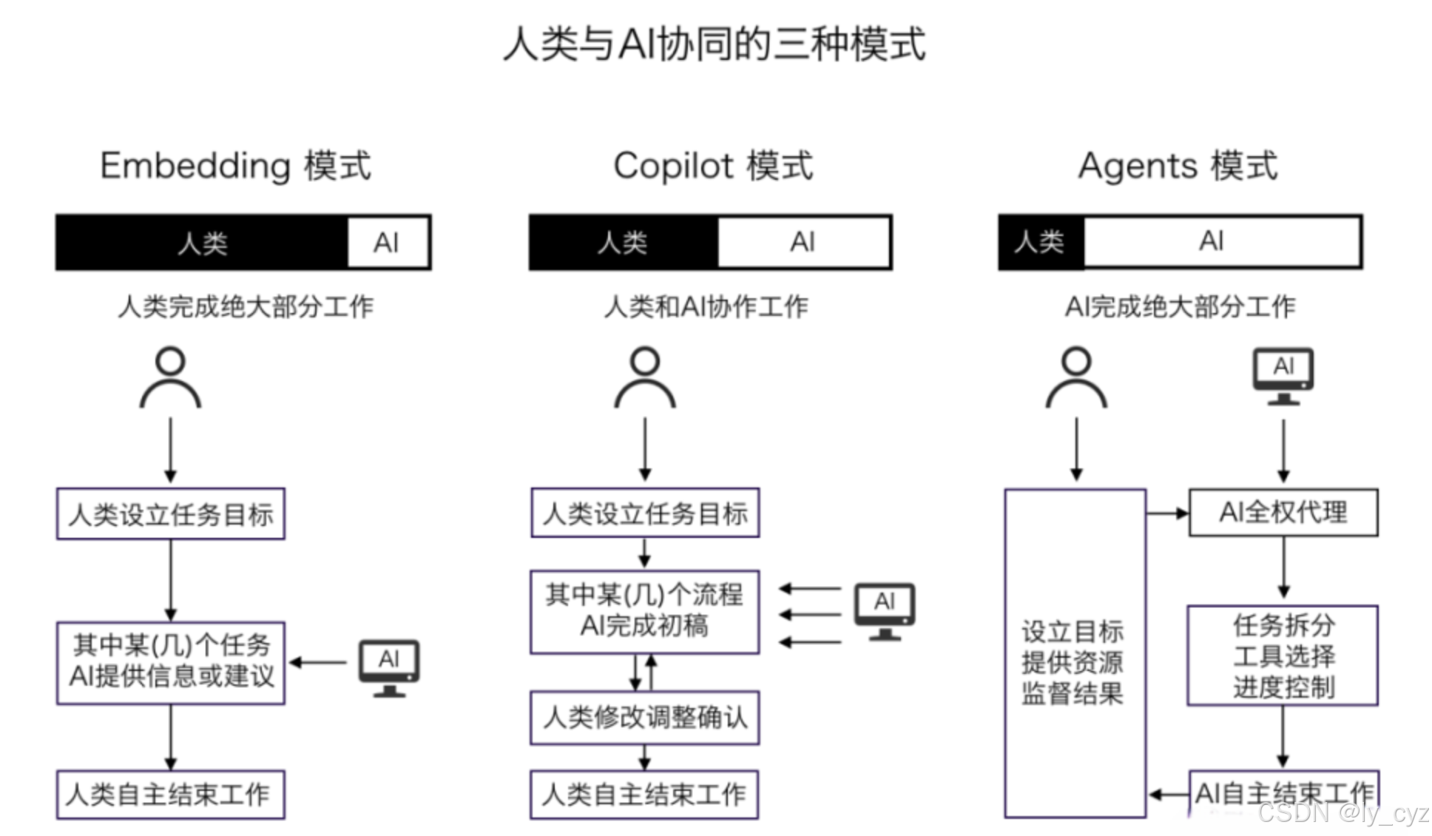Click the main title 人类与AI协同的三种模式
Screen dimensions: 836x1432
pos(714,43)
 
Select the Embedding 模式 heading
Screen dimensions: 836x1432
pos(235,165)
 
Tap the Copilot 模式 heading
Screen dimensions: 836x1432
pos(713,165)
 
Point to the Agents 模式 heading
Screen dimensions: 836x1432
pos(1178,165)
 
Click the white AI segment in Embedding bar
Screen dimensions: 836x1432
pos(388,242)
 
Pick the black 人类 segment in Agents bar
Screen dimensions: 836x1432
pos(1041,242)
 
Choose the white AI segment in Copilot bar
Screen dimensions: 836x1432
pos(803,242)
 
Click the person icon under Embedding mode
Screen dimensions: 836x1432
pos(170,377)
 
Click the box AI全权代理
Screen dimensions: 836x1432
pos(1283,512)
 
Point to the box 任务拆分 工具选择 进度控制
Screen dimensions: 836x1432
pos(1283,655)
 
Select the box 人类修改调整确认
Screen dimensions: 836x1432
pos(644,717)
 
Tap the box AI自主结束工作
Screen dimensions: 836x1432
pos(1283,793)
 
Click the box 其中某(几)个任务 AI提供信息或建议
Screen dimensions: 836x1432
pos(171,661)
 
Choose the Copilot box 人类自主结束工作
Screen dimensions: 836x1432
pos(644,795)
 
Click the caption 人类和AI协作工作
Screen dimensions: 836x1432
pos(706,306)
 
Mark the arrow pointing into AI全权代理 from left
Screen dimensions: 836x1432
pos(1167,513)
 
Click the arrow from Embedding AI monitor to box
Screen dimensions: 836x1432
pos(318,662)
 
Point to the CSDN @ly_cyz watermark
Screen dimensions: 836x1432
pos(1342,814)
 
